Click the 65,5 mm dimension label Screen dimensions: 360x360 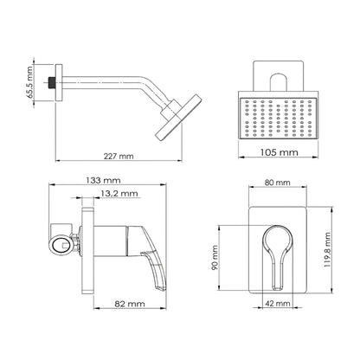click(29, 83)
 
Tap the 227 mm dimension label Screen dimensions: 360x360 click(119, 157)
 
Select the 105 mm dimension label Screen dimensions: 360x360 click(280, 152)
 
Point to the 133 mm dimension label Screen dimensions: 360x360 click(103, 181)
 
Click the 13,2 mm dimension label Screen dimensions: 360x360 click(119, 193)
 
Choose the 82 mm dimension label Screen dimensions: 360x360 click(130, 304)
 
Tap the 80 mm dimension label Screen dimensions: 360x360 click(278, 183)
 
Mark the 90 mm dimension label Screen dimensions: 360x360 click(215, 258)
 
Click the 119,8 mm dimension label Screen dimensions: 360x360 click(327, 250)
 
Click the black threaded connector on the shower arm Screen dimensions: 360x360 click(51, 82)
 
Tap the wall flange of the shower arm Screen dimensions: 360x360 click(59, 82)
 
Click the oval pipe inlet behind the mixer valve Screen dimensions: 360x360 click(61, 245)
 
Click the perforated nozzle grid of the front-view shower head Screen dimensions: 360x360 click(279, 118)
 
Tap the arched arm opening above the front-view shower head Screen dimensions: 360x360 click(279, 82)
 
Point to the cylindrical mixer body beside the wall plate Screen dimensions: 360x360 click(110, 241)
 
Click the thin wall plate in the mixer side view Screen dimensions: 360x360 click(87, 250)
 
